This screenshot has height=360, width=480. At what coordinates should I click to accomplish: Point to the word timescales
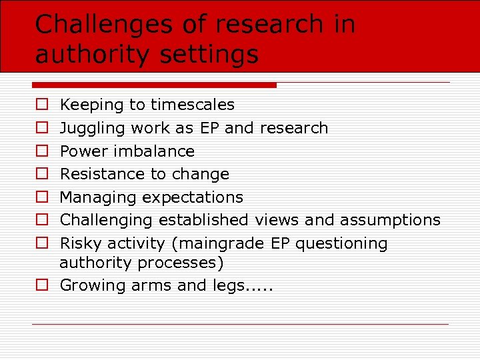pyautogui.click(x=193, y=105)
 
